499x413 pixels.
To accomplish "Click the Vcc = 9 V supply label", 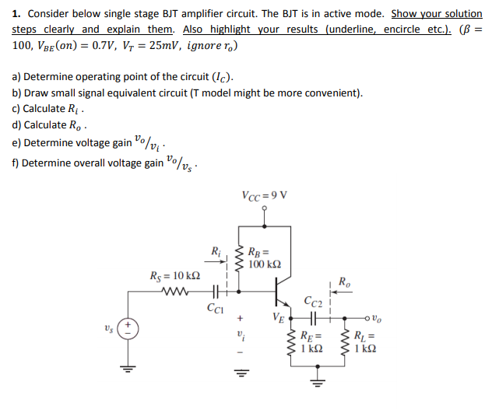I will [264, 194].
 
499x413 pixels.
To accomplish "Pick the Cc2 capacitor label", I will [314, 301].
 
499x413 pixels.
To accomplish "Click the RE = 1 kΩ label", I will [311, 343].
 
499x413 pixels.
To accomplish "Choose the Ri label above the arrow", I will [216, 250].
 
